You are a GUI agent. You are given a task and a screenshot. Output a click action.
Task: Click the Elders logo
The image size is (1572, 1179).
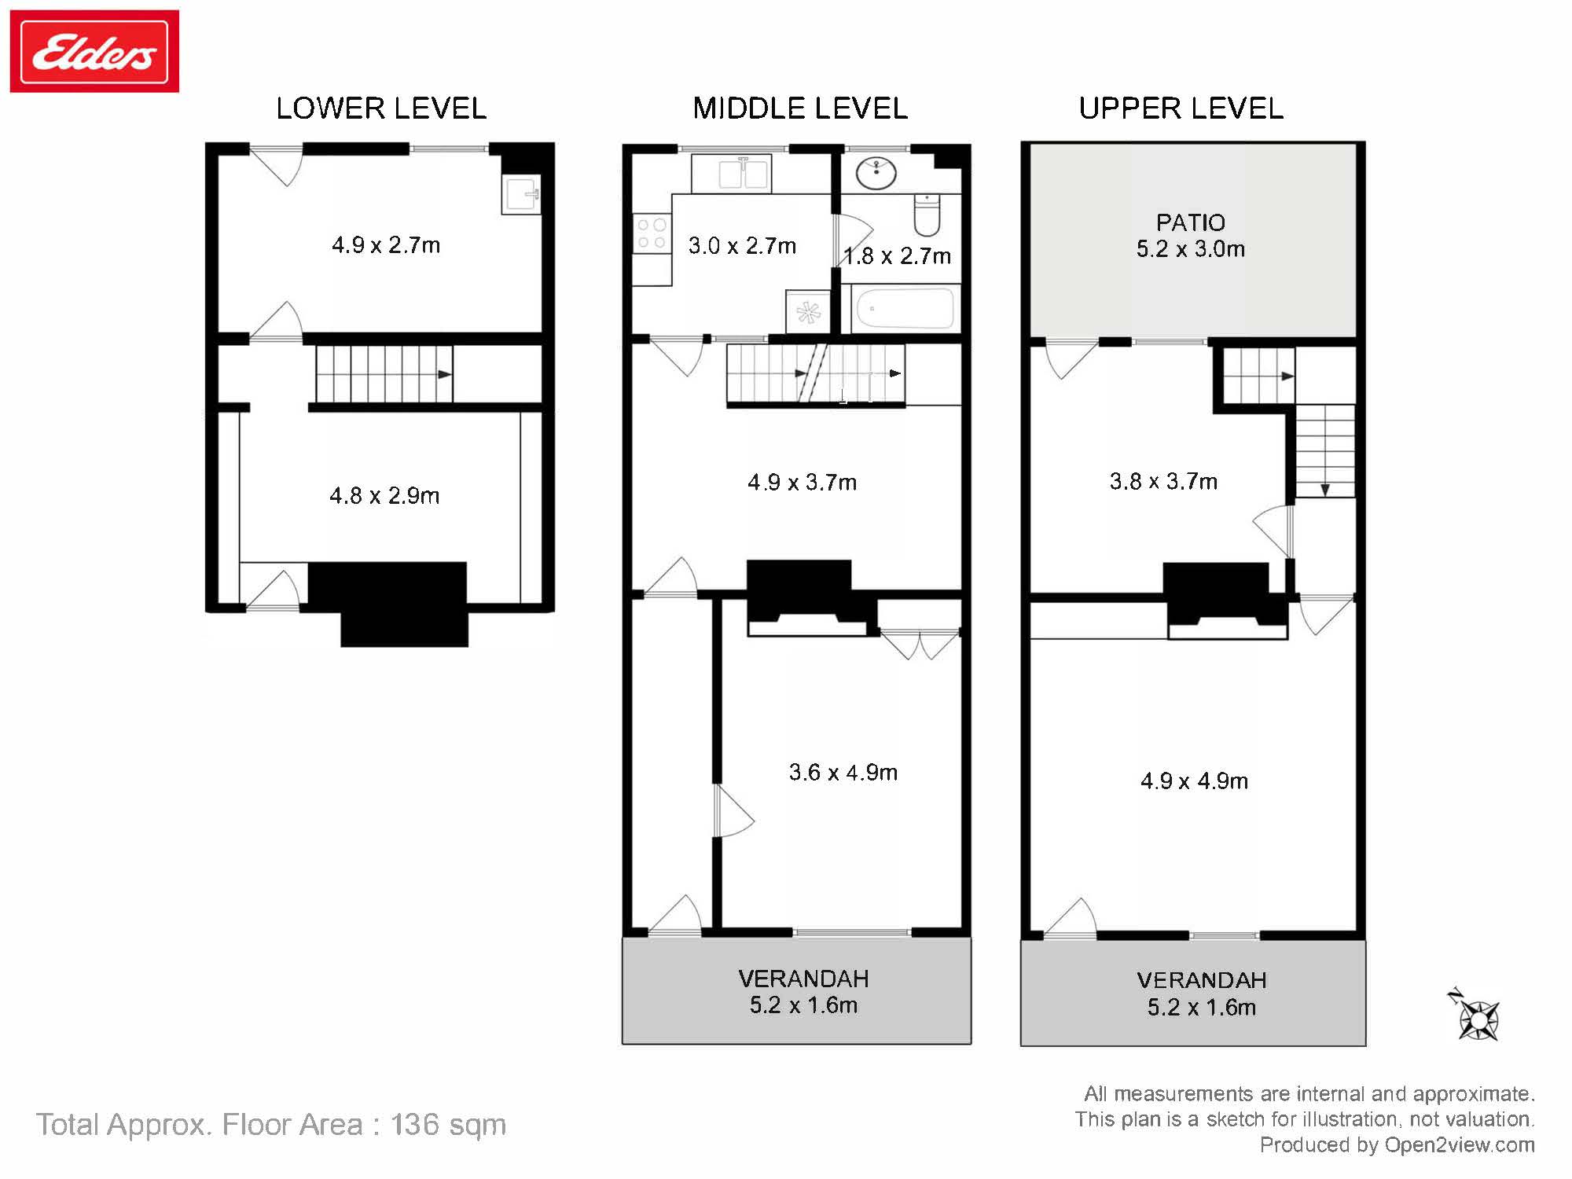click(94, 51)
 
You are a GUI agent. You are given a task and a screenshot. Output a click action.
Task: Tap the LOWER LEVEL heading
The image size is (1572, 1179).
click(381, 108)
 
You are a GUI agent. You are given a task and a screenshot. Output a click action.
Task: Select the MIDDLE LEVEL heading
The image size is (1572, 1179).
click(800, 108)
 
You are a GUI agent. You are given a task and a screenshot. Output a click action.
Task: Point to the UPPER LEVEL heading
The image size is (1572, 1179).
click(1181, 108)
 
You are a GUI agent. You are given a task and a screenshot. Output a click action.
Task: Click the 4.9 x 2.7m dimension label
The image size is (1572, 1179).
click(386, 245)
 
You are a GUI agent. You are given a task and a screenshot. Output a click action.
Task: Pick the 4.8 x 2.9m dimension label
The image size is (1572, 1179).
click(384, 496)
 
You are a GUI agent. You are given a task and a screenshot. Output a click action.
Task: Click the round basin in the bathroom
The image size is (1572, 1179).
click(876, 174)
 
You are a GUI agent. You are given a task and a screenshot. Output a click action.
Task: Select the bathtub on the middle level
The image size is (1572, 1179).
click(905, 309)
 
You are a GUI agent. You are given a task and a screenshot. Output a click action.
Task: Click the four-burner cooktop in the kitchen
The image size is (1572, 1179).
click(652, 233)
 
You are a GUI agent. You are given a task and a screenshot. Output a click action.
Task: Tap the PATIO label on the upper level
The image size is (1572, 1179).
click(1191, 222)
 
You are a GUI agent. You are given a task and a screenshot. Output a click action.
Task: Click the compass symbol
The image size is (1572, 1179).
click(1477, 1016)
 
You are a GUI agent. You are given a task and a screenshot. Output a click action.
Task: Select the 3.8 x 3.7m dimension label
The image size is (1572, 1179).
click(1163, 481)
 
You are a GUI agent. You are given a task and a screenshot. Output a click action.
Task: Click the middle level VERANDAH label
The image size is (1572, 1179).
click(803, 979)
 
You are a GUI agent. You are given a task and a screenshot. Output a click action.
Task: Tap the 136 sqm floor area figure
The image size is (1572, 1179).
click(448, 1125)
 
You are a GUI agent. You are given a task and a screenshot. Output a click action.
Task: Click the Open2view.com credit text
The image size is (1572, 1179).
click(1460, 1144)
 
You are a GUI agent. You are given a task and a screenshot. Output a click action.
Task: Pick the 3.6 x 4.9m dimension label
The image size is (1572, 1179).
click(843, 773)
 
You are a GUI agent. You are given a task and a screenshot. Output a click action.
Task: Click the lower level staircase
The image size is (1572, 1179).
click(384, 374)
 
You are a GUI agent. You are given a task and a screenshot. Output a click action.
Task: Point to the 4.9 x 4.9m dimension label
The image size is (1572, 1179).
click(1194, 781)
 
